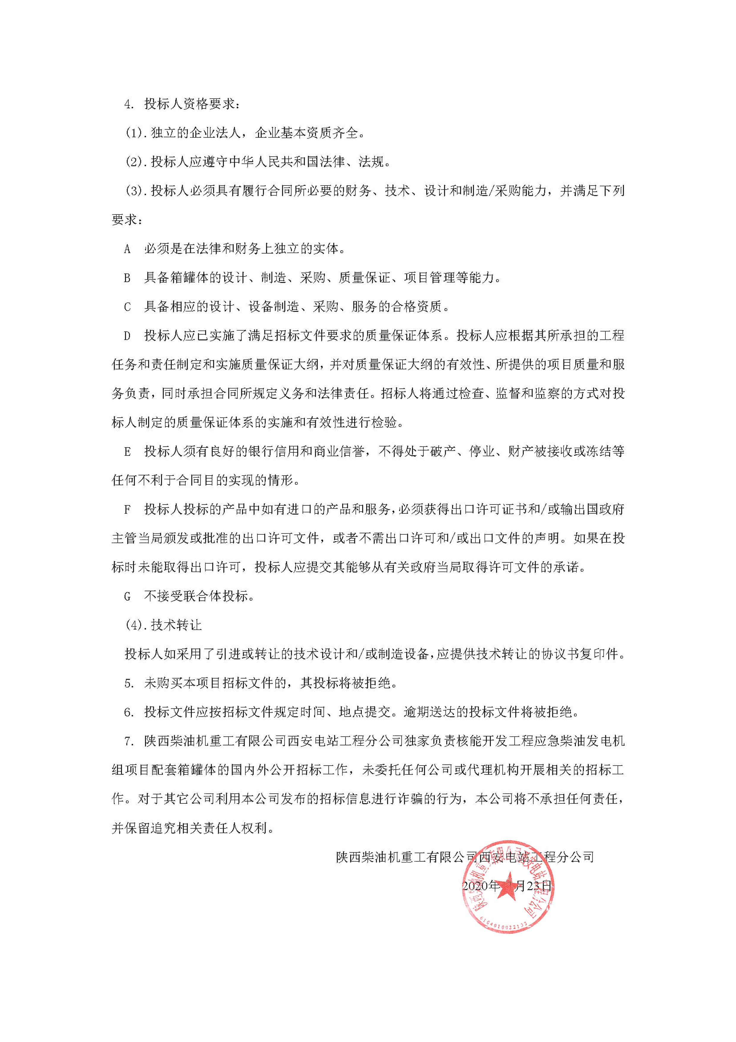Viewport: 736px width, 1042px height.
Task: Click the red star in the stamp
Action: tap(507, 886)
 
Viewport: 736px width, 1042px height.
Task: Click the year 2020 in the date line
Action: tap(475, 886)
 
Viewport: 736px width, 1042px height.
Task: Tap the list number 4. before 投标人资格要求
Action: tap(129, 104)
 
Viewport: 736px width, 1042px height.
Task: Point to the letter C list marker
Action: tap(127, 307)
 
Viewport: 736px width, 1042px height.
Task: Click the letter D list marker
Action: tap(127, 336)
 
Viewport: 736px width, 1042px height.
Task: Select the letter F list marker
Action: tap(127, 510)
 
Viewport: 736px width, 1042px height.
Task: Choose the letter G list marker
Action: tap(127, 597)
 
